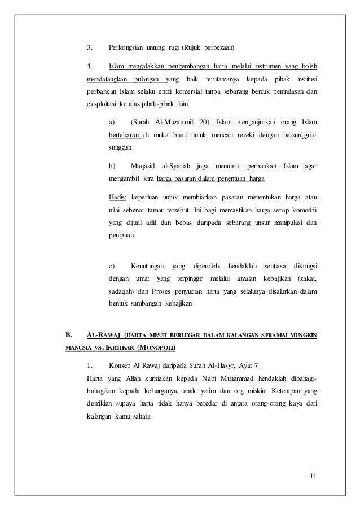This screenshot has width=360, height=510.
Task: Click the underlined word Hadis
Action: pos(118,197)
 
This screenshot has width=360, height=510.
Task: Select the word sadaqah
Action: pos(120,292)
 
